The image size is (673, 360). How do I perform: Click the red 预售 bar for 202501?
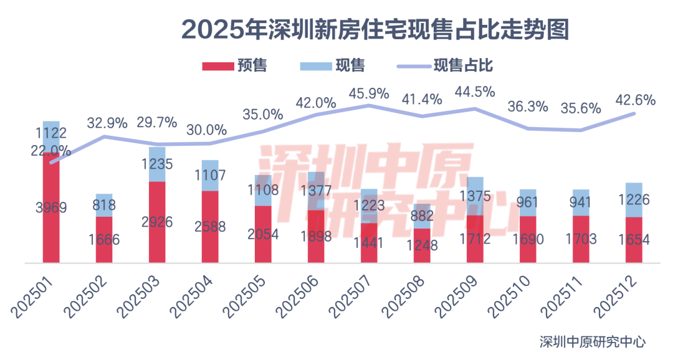(x=51, y=230)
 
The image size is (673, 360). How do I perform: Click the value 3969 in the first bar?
(x=51, y=207)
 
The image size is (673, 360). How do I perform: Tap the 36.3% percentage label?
(x=527, y=107)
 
